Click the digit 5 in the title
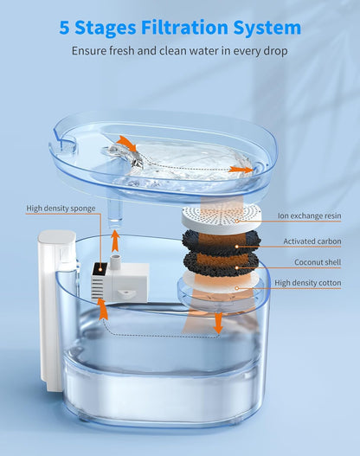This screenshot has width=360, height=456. coord(64,28)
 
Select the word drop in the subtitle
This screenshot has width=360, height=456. coord(274,51)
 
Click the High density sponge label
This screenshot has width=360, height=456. coord(61,209)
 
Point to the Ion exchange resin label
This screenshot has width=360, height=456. coord(310,215)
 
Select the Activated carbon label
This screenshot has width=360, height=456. coord(312,241)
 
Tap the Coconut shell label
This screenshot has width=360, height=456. coord(318,262)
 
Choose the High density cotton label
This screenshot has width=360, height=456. coord(308,283)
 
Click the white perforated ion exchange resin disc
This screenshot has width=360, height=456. coord(222,217)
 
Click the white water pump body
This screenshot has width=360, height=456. coord(119,281)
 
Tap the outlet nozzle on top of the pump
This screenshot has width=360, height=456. coord(116,260)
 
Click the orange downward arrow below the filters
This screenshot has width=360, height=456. coord(218,323)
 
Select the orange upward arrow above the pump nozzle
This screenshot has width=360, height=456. coord(115,241)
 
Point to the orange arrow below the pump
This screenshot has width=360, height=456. coord(102,309)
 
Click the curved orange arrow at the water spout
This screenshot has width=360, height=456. coord(127,143)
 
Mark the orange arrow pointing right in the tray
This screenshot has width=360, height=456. coord(241,170)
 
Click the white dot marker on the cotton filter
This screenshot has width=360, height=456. coord(237,288)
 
